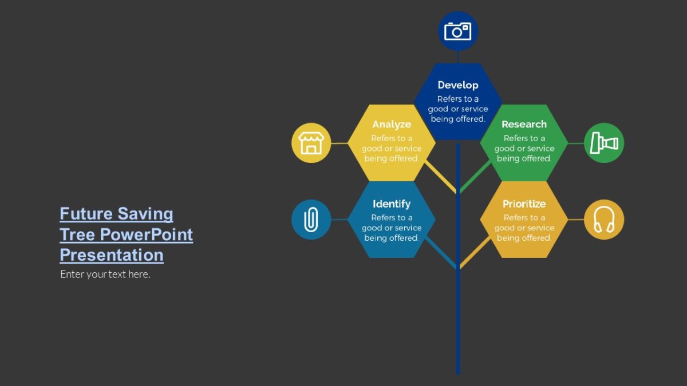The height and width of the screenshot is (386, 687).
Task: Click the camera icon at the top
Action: pyautogui.click(x=458, y=31)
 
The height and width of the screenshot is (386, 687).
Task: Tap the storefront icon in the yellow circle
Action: pyautogui.click(x=311, y=143)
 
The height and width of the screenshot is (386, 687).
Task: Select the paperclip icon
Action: pyautogui.click(x=311, y=220)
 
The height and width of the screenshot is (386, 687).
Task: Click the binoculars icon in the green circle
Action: pyautogui.click(x=604, y=142)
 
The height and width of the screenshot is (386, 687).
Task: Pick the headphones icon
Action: pyautogui.click(x=604, y=220)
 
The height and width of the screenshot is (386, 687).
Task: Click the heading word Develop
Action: pyautogui.click(x=458, y=85)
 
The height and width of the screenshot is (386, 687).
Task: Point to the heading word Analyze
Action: pyautogui.click(x=392, y=124)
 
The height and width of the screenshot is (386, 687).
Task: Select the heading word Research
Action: pyautogui.click(x=524, y=124)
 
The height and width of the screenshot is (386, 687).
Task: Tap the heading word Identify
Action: pyautogui.click(x=392, y=204)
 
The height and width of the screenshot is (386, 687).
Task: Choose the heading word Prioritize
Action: pyautogui.click(x=524, y=204)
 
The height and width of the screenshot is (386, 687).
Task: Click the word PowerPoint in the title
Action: pyautogui.click(x=147, y=234)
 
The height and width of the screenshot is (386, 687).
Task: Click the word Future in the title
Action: pyautogui.click(x=86, y=214)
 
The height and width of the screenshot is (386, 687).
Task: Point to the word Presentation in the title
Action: pyautogui.click(x=112, y=255)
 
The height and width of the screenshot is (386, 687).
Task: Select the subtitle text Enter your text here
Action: pyautogui.click(x=105, y=274)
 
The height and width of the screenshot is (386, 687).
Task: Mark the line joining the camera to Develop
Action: pyautogui.click(x=458, y=57)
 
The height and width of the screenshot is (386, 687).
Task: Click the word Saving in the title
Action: pyautogui.click(x=145, y=214)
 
